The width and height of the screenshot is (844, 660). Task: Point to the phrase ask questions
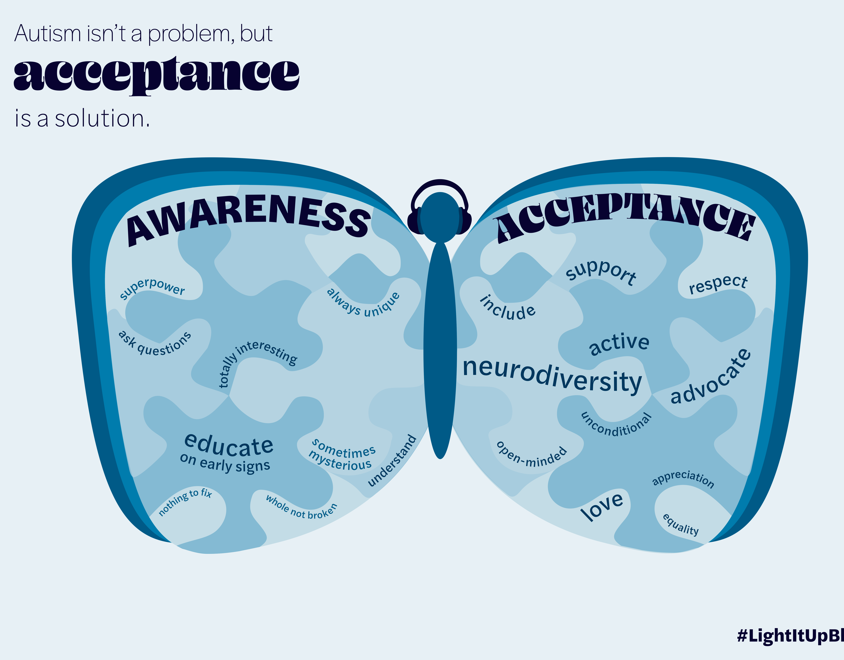point(155,344)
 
